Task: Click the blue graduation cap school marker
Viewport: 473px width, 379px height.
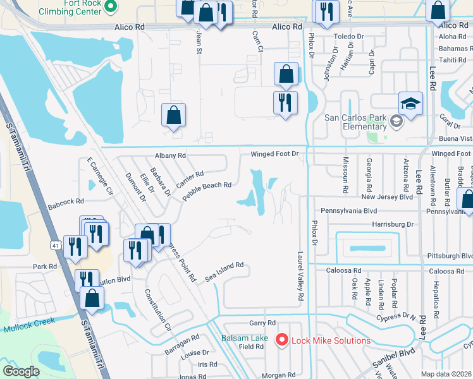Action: point(410,104)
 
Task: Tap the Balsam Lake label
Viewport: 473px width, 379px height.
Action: point(244,339)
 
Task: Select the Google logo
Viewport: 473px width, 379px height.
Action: point(21,371)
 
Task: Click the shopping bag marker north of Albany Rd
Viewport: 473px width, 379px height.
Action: point(173,116)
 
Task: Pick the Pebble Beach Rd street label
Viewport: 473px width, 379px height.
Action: point(207,191)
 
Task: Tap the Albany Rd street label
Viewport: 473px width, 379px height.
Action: point(170,155)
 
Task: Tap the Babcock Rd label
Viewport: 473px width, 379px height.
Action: point(66,202)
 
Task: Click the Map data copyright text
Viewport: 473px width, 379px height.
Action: point(446,374)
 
